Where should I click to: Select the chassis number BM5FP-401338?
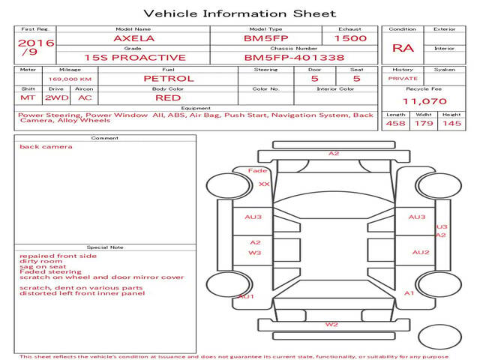pyautogui.click(x=294, y=57)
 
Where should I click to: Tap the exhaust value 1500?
pyautogui.click(x=350, y=38)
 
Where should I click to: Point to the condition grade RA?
pyautogui.click(x=403, y=48)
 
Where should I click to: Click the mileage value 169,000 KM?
pyautogui.click(x=70, y=79)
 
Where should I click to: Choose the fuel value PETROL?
pyautogui.click(x=168, y=78)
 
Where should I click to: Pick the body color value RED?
pyautogui.click(x=168, y=97)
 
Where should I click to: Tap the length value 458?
pyautogui.click(x=396, y=123)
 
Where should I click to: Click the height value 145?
pyautogui.click(x=451, y=123)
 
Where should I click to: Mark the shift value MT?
pyautogui.click(x=28, y=97)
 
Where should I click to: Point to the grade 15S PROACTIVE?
pyautogui.click(x=135, y=57)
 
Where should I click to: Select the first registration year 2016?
pyautogui.click(x=35, y=43)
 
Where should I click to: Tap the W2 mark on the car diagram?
pyautogui.click(x=331, y=325)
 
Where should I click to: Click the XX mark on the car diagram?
pyautogui.click(x=263, y=184)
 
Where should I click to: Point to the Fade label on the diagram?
pyautogui.click(x=258, y=171)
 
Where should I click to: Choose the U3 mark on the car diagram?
pyautogui.click(x=442, y=226)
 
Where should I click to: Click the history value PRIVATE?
pyautogui.click(x=403, y=78)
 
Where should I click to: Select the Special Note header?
pyautogui.click(x=104, y=247)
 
